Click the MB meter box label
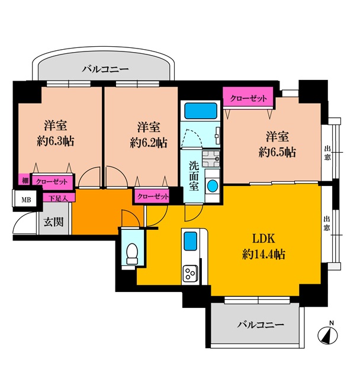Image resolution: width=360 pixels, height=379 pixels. (x=26, y=200)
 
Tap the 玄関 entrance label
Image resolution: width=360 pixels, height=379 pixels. (x=53, y=221)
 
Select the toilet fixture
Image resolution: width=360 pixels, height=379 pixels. (x=132, y=253)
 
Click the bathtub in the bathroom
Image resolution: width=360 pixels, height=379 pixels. (x=201, y=111)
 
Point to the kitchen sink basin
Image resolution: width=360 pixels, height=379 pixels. (x=191, y=241)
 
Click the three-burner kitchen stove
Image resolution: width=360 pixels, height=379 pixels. (x=191, y=274)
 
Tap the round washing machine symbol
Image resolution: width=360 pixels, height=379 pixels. (x=213, y=186)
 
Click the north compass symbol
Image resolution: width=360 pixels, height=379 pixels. (x=327, y=335)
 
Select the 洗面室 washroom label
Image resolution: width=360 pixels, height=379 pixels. (x=194, y=176)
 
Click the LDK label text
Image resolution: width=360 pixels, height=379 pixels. (x=263, y=239)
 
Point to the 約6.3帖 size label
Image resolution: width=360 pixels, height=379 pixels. (x=55, y=141)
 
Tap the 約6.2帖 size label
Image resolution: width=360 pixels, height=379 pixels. (x=149, y=143)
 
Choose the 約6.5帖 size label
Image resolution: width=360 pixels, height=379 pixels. (x=277, y=152)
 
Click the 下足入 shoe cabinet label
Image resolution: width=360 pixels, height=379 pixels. (x=59, y=198)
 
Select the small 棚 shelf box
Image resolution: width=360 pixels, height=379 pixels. (x=25, y=180)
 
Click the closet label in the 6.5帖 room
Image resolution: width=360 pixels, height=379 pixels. (x=248, y=98)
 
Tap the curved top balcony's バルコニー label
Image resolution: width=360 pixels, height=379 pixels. (x=105, y=69)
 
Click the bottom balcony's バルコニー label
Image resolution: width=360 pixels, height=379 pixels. (x=261, y=325)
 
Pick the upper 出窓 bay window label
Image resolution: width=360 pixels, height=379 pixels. (x=327, y=153)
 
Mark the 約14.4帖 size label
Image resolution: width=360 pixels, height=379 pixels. (x=263, y=254)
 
